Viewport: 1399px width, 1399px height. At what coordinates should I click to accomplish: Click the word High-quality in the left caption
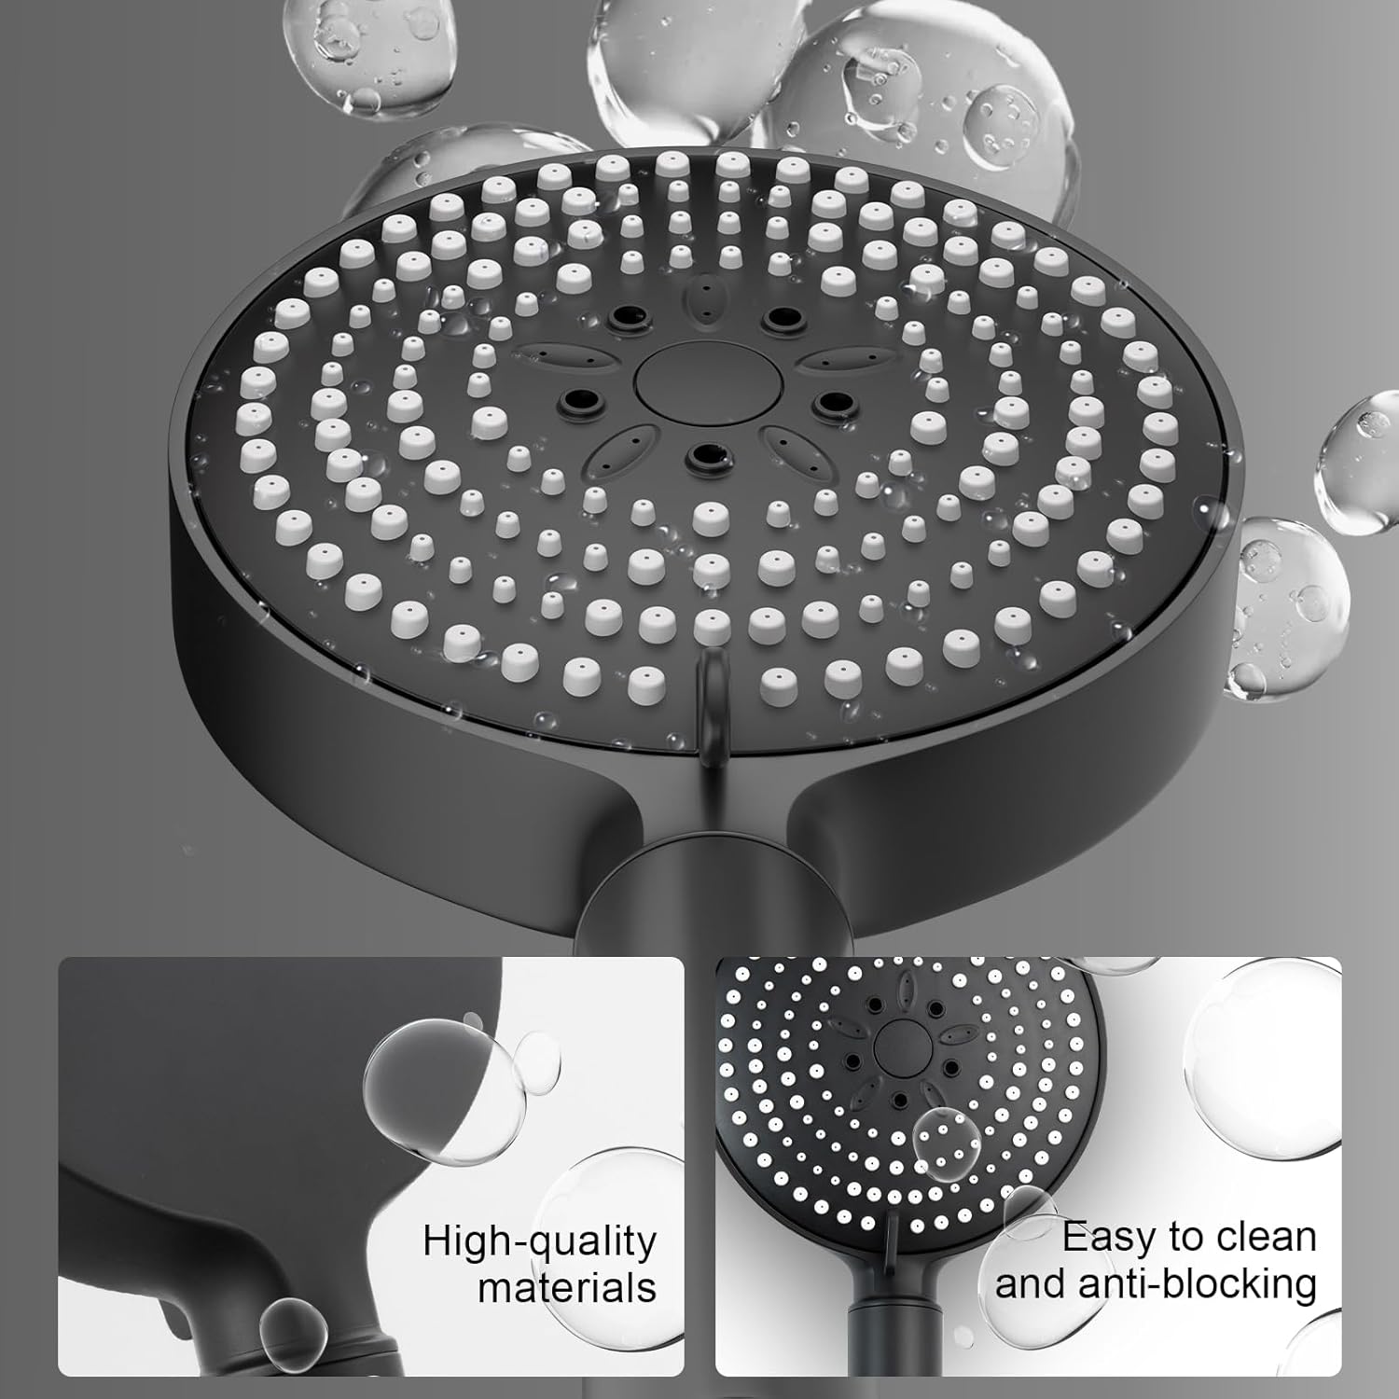[x=539, y=1242]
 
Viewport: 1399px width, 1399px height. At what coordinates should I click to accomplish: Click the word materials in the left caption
[x=567, y=1288]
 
